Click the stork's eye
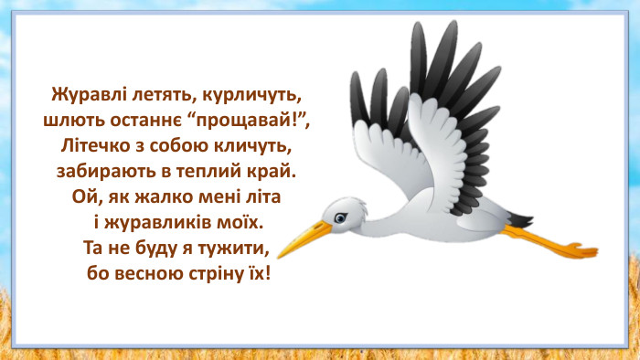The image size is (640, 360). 339,217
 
